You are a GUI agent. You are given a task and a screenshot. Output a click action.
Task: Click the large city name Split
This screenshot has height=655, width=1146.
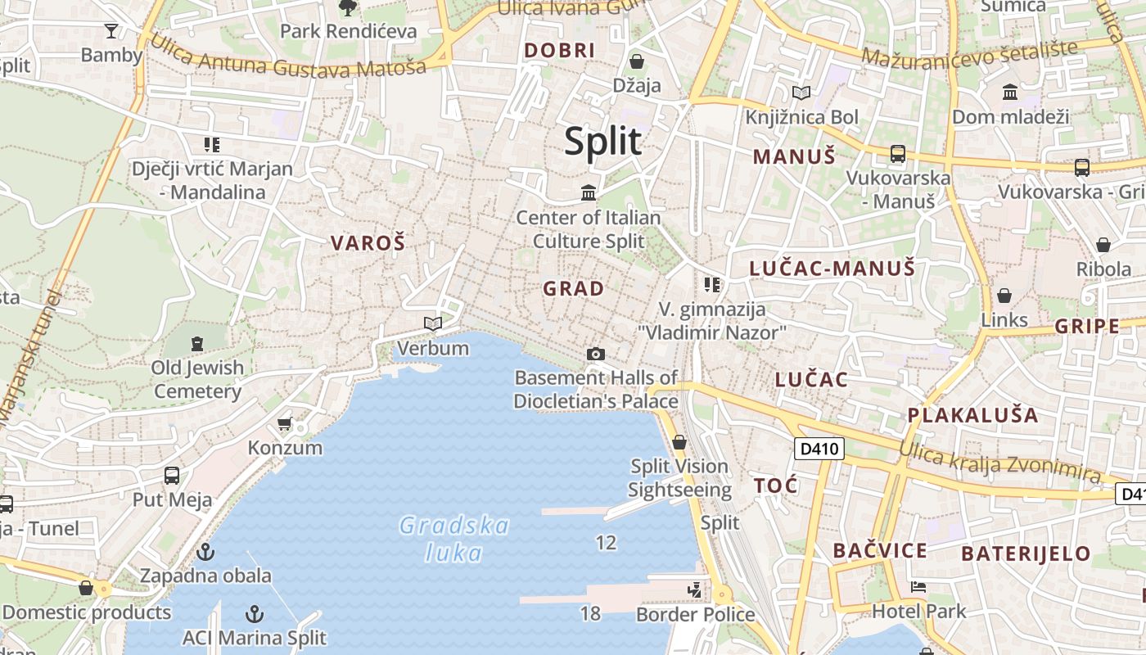coord(602,142)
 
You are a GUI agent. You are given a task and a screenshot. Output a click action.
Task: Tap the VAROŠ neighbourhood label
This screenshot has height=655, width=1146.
coord(368,242)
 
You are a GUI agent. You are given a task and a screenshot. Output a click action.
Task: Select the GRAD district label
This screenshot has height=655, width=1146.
coord(573,288)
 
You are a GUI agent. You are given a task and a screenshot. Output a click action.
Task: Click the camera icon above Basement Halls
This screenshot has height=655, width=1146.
coord(596,354)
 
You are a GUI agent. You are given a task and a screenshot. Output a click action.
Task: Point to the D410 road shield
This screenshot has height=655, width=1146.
coord(819,449)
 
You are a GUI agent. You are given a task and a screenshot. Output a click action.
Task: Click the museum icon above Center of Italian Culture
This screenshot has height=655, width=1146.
coord(589,193)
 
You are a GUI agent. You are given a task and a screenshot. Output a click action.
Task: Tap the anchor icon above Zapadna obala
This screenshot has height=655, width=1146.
coord(205,551)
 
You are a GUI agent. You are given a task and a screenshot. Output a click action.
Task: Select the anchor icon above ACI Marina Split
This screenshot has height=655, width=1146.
coord(255,613)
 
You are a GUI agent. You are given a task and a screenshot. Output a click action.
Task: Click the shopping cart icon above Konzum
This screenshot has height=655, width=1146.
coord(284,423)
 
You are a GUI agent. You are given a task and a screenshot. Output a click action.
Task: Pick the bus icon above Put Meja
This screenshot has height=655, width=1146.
coord(172,475)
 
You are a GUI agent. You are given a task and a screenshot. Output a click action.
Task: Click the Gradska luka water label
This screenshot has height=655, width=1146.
coord(454,539)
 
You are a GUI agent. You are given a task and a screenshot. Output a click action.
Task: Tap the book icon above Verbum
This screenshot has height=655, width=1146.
coord(433,324)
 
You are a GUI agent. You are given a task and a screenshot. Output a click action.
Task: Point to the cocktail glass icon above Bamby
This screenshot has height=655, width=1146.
coord(111,31)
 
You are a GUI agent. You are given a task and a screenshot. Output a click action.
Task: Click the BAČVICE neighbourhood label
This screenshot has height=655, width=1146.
coord(880,550)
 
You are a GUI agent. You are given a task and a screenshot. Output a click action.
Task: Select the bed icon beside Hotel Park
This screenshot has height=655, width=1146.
coord(918,587)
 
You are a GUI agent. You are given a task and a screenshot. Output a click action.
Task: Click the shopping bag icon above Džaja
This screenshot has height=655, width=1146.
coord(636,61)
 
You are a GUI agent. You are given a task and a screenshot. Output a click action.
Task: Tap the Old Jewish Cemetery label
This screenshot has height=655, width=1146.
coord(197,379)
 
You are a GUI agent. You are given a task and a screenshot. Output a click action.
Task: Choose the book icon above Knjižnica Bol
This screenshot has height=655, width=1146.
coord(801,93)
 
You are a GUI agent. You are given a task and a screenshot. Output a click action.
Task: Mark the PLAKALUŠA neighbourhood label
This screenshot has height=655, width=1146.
coord(972,415)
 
